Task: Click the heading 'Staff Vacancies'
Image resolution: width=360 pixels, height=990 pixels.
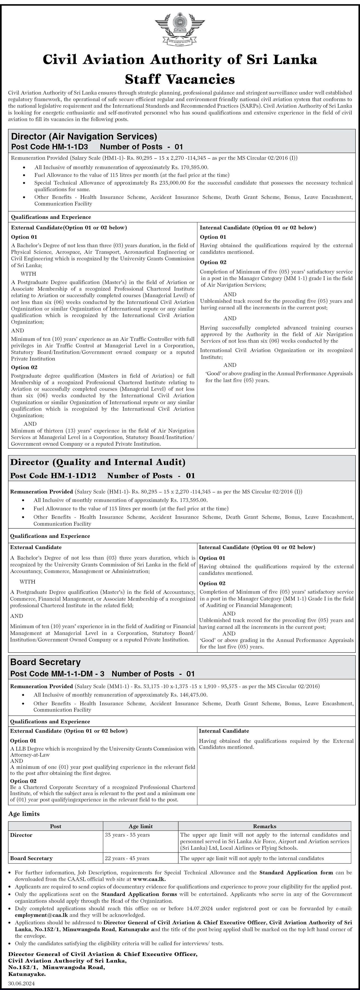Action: click(x=180, y=79)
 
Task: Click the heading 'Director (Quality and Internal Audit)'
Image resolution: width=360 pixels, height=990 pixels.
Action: click(x=98, y=462)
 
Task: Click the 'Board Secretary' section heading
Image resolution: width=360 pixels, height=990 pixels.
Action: click(x=45, y=662)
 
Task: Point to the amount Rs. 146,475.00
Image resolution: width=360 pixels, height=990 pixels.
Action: click(x=188, y=695)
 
